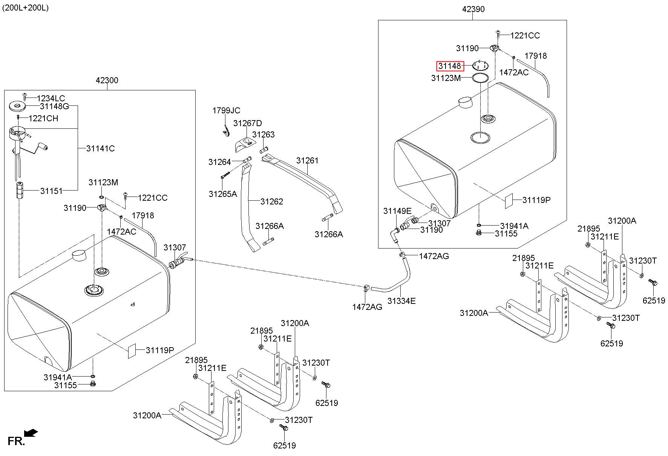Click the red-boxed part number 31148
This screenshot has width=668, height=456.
click(450, 66)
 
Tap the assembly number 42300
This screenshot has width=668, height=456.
click(107, 80)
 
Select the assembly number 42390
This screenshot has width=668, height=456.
click(473, 9)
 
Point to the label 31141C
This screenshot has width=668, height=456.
click(100, 148)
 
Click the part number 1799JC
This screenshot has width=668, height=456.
click(226, 111)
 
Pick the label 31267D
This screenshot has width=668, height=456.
click(247, 124)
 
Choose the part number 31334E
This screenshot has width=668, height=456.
click(401, 301)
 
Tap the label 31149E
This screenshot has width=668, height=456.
click(397, 211)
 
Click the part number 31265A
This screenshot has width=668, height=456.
click(223, 194)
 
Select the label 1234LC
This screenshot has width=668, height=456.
click(51, 99)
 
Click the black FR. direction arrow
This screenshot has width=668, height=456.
click(31, 433)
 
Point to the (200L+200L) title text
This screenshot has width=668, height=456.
click(25, 8)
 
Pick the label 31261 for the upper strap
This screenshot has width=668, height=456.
click(307, 161)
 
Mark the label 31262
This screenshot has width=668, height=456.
click(272, 201)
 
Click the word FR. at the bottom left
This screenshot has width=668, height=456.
click(16, 441)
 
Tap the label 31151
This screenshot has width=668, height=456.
click(52, 191)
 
